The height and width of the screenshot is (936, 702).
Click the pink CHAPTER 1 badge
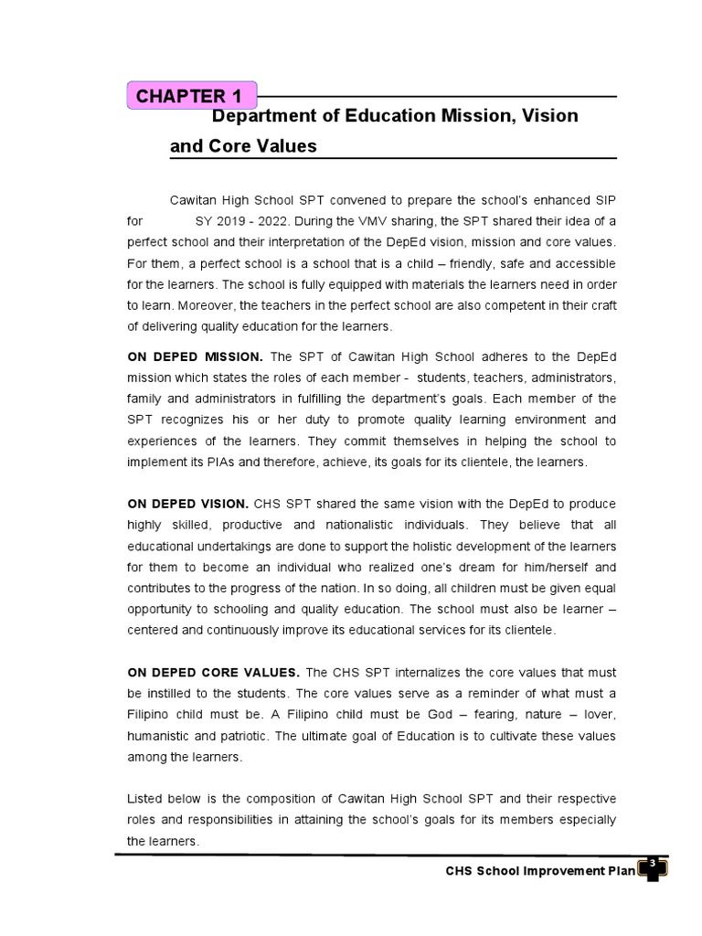tap(191, 96)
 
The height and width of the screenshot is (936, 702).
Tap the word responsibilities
tap(236, 819)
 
